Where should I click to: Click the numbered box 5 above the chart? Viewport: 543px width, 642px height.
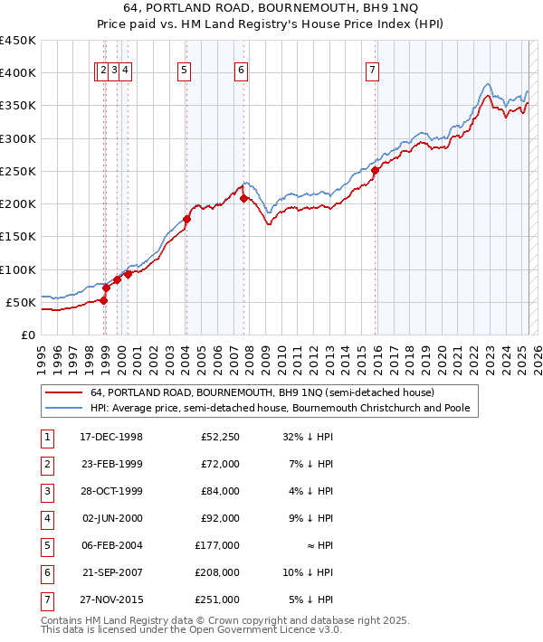click(185, 72)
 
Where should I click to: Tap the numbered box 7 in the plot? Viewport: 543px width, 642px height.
click(373, 72)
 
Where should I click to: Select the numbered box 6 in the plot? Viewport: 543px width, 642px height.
click(242, 72)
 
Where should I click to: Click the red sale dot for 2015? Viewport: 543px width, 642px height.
click(375, 170)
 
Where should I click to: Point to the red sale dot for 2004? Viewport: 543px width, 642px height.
click(186, 219)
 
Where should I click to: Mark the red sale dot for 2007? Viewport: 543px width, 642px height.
click(244, 198)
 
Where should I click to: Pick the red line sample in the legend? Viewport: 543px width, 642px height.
click(63, 393)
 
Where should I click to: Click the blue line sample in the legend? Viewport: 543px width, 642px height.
click(63, 409)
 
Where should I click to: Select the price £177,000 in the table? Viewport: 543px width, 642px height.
click(220, 546)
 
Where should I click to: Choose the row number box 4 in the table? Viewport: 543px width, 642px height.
click(45, 519)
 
